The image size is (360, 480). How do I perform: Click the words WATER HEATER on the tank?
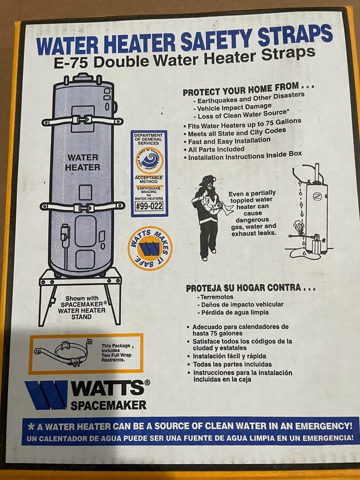pos(83,162)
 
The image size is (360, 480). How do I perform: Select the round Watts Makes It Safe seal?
pos(150,248)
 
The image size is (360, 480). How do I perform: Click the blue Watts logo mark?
pos(47,395)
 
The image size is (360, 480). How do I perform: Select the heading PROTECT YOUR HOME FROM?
pos(248,89)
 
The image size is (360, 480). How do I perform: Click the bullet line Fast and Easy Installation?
pos(229,141)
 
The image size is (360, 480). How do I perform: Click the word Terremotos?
pos(216,297)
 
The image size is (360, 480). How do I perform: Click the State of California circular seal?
pos(149,160)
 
